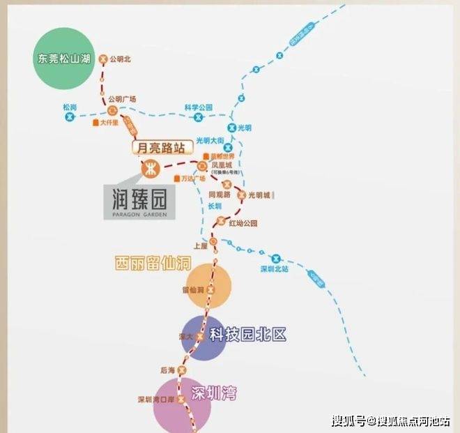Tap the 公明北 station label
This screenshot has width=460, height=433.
[123, 59]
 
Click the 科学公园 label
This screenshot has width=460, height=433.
[198, 107]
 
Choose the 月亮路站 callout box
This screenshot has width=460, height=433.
[160, 148]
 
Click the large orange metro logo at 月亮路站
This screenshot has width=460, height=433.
[151, 168]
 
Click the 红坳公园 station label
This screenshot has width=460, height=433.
[243, 223]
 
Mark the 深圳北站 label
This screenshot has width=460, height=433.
[274, 269]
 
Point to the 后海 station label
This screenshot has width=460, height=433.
[167, 370]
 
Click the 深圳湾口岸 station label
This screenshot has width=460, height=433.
[154, 400]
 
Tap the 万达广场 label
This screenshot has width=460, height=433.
[192, 178]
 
